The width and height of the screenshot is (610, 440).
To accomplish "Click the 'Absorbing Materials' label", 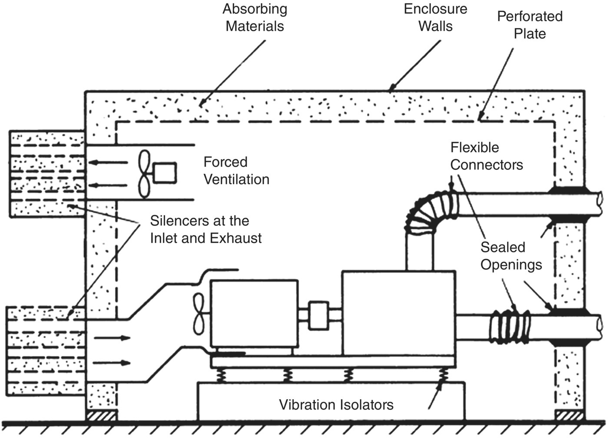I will pyautogui.click(x=255, y=18).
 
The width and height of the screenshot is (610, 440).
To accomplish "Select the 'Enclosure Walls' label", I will pyautogui.click(x=435, y=18).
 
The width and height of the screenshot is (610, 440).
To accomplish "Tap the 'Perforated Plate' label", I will pyautogui.click(x=530, y=25).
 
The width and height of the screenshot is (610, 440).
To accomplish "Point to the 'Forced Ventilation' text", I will pyautogui.click(x=236, y=171).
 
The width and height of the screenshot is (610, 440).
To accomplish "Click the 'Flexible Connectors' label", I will pyautogui.click(x=486, y=156).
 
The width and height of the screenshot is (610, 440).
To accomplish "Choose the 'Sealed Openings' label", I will pyautogui.click(x=511, y=256).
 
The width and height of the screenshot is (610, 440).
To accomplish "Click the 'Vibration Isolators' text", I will pyautogui.click(x=336, y=405).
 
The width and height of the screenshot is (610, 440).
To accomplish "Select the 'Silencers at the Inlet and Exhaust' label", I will pyautogui.click(x=206, y=229).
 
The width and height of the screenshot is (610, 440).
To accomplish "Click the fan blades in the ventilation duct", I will pyautogui.click(x=144, y=174).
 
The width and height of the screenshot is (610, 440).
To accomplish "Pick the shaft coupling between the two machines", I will pyautogui.click(x=319, y=315).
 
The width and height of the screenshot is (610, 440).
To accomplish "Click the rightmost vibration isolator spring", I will pyautogui.click(x=444, y=375).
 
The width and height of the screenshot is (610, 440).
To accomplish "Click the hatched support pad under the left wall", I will pyautogui.click(x=101, y=416).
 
